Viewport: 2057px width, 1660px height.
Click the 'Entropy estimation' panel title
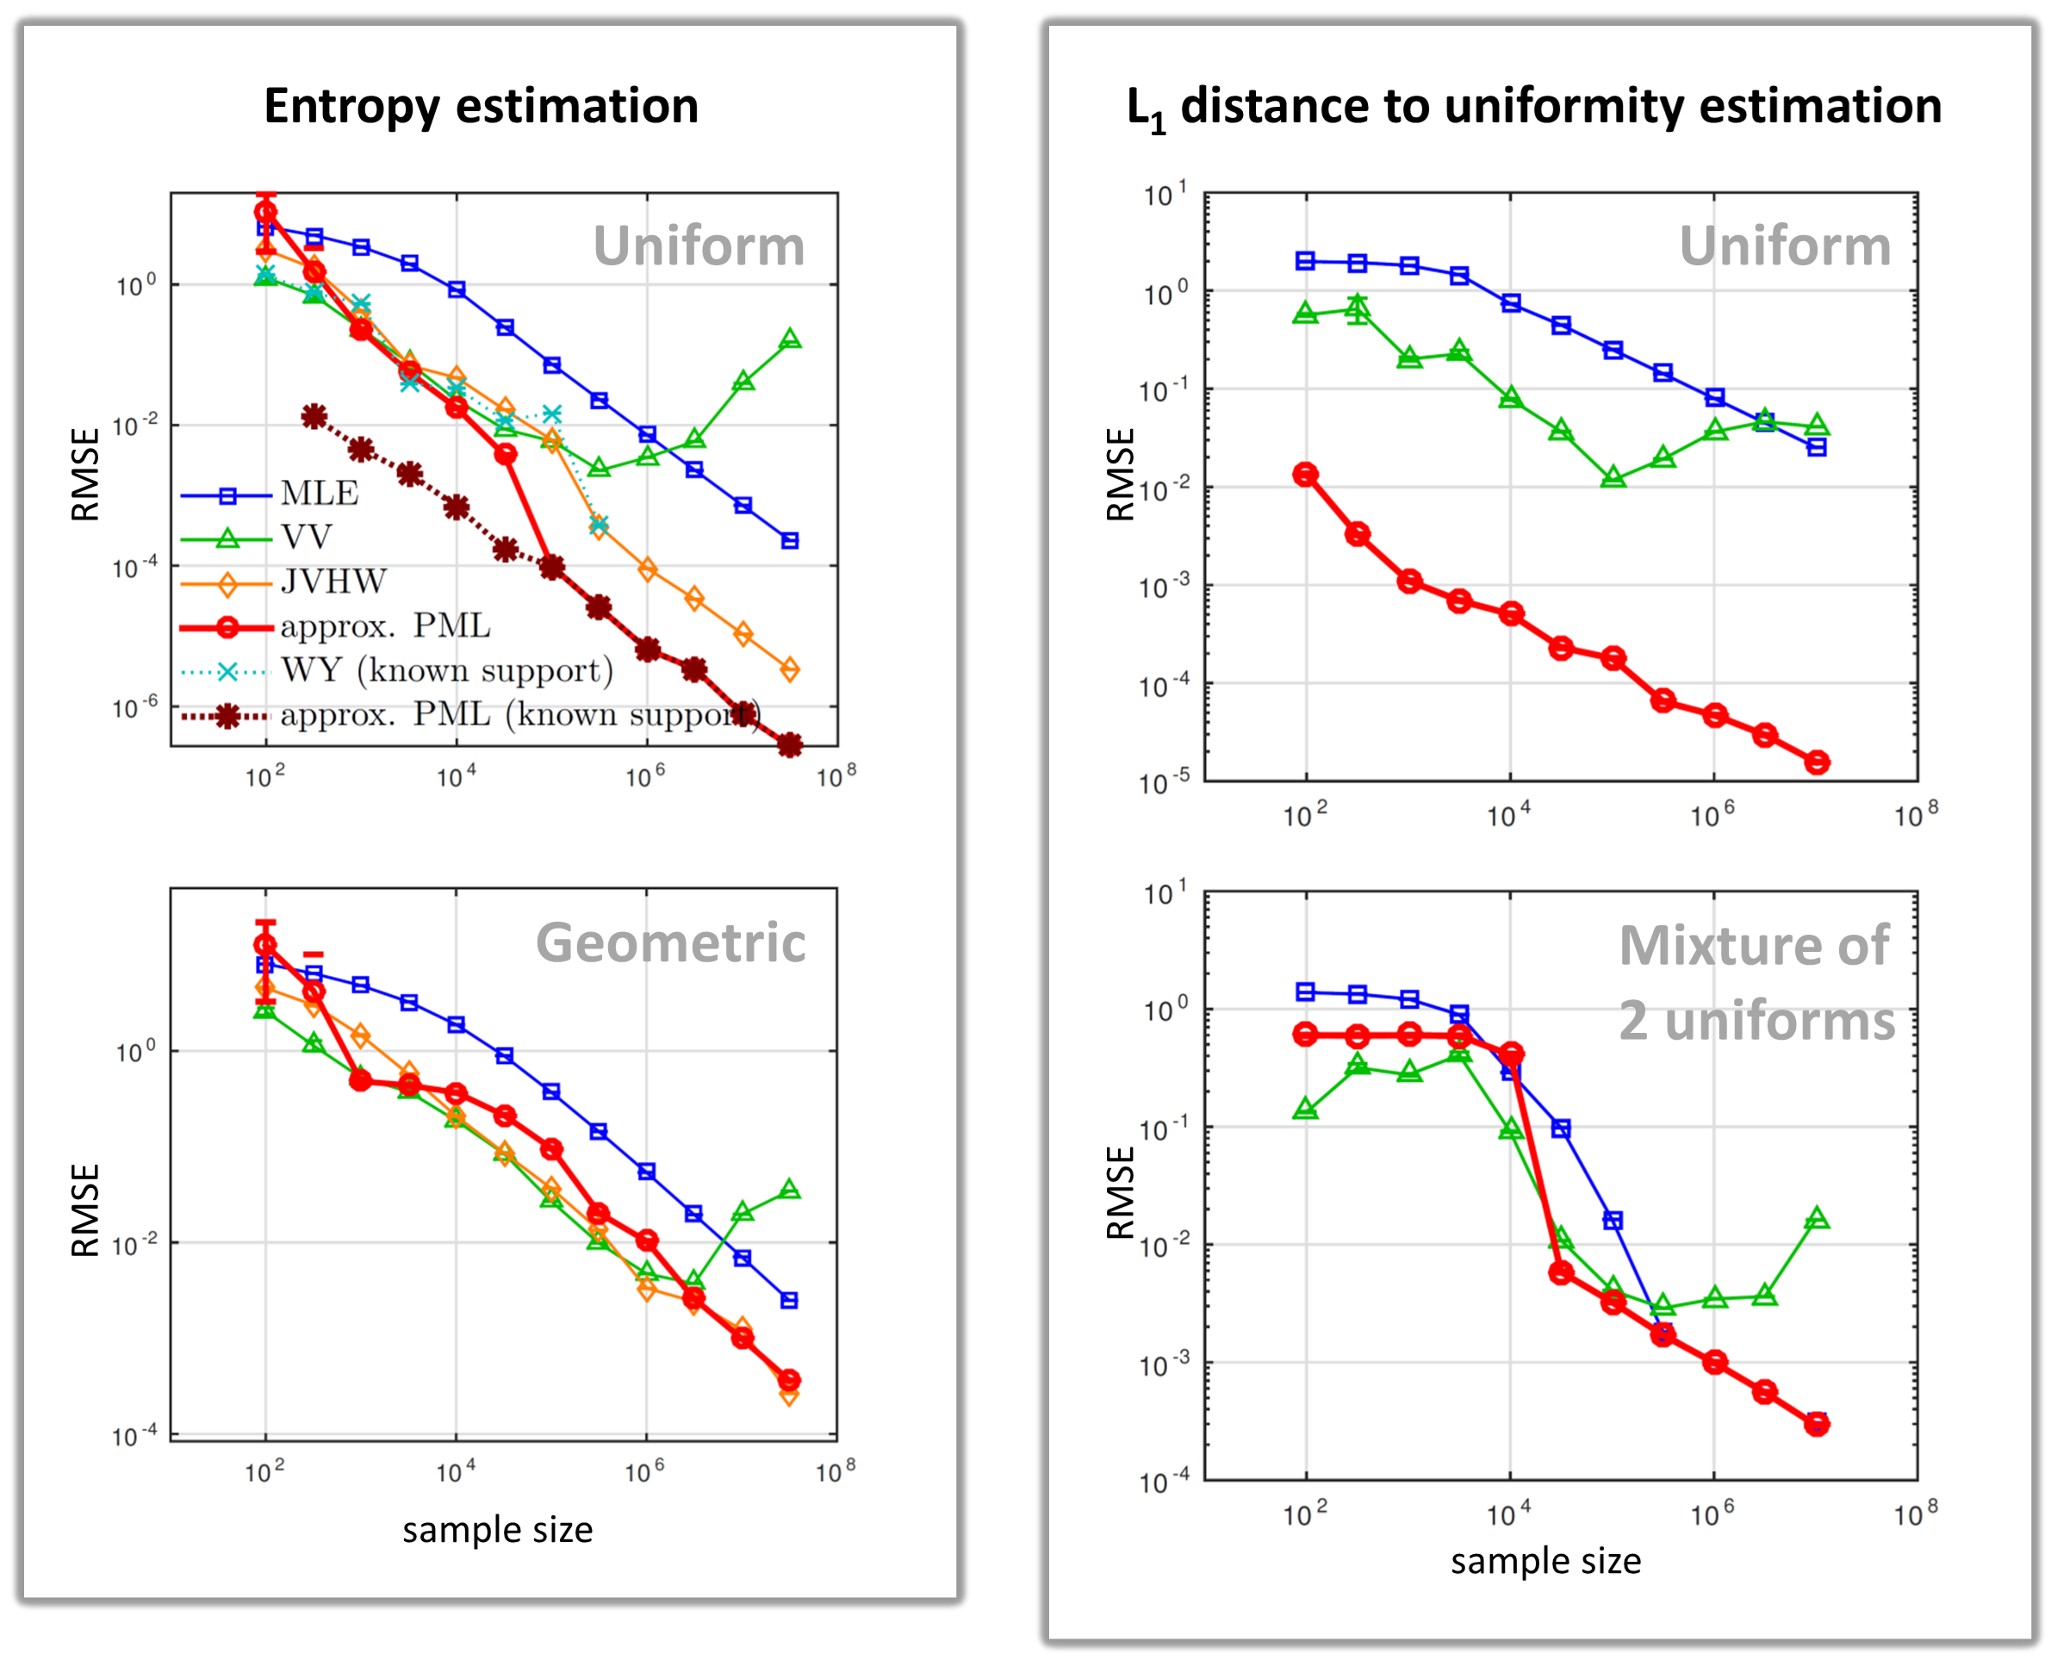[480, 106]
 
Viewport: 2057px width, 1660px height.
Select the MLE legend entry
[320, 494]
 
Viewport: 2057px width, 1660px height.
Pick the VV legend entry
[306, 538]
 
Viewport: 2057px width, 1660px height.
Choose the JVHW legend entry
[332, 581]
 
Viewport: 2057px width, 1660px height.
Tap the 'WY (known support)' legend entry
[445, 670]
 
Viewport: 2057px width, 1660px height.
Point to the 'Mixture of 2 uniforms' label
[1756, 983]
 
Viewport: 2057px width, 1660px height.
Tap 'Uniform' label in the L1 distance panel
[1785, 246]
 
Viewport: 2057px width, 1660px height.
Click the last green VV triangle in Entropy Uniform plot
[790, 339]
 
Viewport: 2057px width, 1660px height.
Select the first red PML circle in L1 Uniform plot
[1305, 475]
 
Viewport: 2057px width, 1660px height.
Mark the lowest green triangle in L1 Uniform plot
[1613, 477]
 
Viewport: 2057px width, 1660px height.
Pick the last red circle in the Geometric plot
[789, 1380]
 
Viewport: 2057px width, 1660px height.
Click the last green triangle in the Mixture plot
[1817, 1218]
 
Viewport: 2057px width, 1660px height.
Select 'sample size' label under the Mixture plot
[1545, 1561]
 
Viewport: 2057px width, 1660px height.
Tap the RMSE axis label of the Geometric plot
[85, 1209]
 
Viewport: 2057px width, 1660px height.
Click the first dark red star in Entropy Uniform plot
[314, 416]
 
